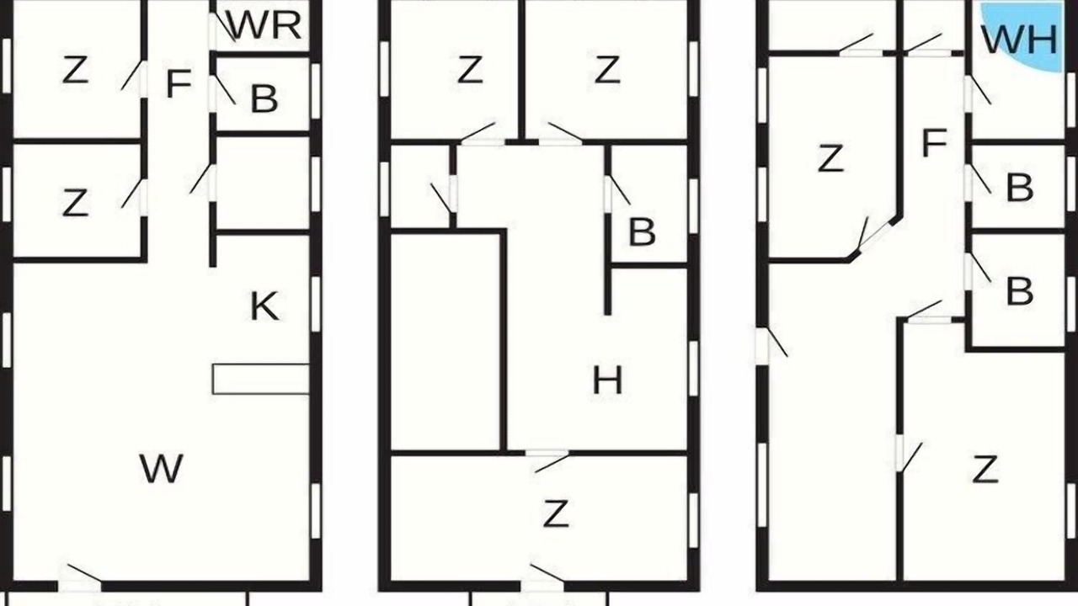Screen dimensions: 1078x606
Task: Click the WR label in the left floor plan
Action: (x=265, y=25)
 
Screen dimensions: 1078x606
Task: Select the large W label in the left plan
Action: (x=161, y=468)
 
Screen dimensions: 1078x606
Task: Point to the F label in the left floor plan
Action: (x=179, y=83)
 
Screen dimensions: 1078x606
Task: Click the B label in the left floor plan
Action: (x=264, y=99)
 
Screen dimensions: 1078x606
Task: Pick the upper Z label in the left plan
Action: (x=75, y=70)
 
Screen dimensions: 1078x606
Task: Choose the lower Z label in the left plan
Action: (x=75, y=203)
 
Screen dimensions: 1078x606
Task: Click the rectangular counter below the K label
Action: (x=261, y=379)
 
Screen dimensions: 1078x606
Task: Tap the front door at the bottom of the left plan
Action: (x=80, y=583)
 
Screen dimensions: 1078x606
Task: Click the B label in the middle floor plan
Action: (x=642, y=231)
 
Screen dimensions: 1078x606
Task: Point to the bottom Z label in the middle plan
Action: (x=556, y=513)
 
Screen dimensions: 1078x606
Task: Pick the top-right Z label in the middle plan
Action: (x=607, y=70)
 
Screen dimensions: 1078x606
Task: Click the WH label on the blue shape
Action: (x=1019, y=40)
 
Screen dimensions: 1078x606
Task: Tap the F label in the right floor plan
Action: (x=935, y=143)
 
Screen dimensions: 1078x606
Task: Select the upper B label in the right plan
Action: (x=1019, y=188)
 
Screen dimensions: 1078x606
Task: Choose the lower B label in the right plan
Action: (x=1019, y=291)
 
